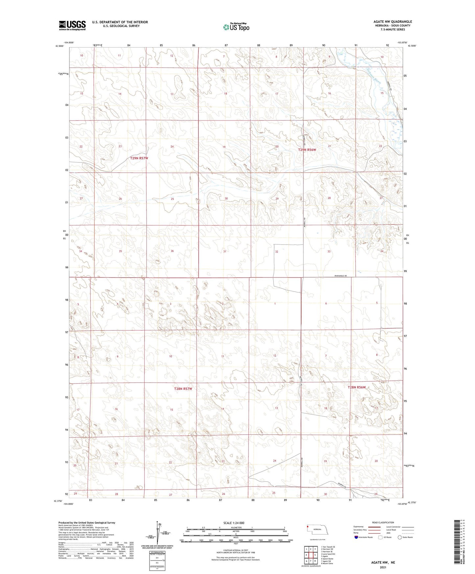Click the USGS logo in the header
tap(72, 25)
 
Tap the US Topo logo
tap(236, 27)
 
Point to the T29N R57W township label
tap(139, 158)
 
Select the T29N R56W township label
tap(307, 150)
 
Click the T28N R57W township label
tap(183, 389)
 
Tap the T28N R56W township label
tap(357, 387)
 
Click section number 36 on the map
tap(172, 251)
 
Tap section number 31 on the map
tap(225, 251)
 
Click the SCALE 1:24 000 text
tap(234, 523)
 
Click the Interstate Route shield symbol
tap(356, 537)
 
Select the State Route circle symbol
tap(400, 537)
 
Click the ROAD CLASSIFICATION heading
tap(383, 522)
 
